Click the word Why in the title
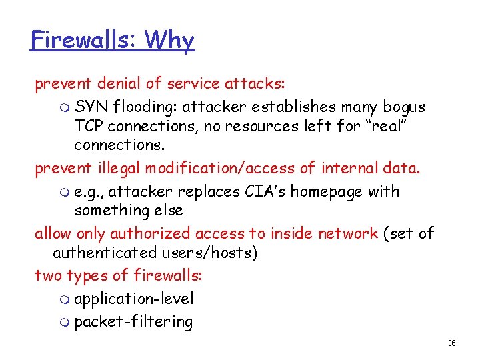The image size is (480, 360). pyautogui.click(x=169, y=40)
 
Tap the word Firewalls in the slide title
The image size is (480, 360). pyautogui.click(x=81, y=40)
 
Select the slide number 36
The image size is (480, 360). pyautogui.click(x=451, y=343)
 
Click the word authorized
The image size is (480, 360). pyautogui.click(x=150, y=233)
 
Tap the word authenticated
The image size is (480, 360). pyautogui.click(x=104, y=253)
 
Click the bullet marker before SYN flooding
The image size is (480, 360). pyautogui.click(x=63, y=107)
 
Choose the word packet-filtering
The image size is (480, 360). pyautogui.click(x=133, y=323)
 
